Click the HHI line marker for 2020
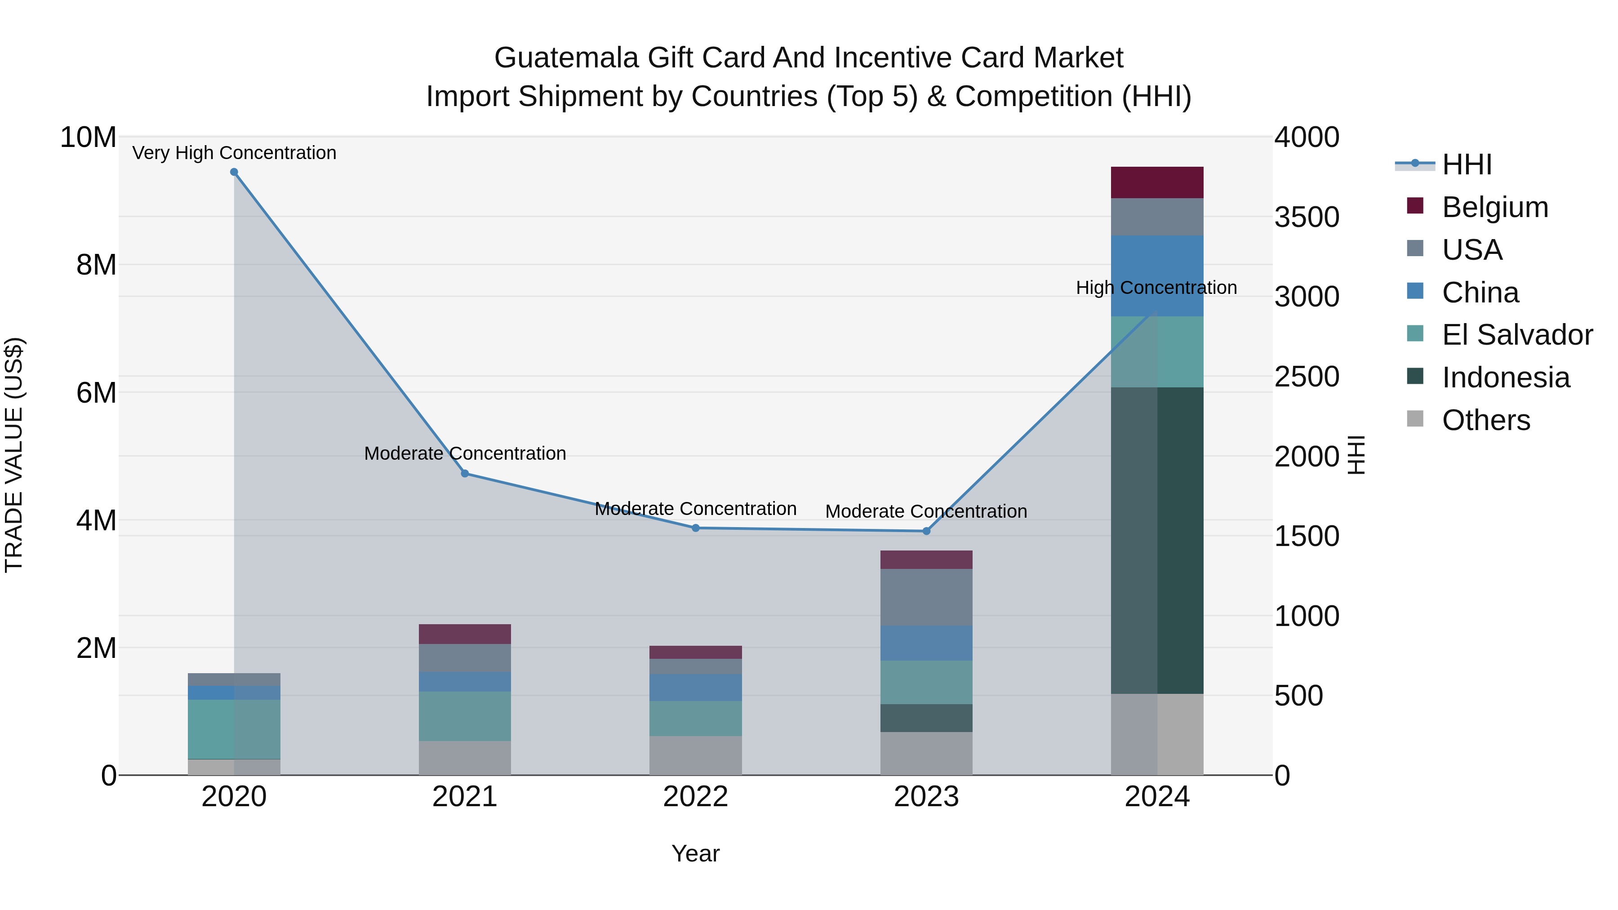(234, 172)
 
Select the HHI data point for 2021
(465, 474)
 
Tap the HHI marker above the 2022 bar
(695, 528)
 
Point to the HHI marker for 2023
(926, 531)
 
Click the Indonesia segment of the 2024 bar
(1157, 540)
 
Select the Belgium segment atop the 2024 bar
(1157, 182)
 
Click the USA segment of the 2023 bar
(926, 597)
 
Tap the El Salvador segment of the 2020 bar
(234, 728)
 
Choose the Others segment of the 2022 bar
(695, 755)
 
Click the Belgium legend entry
(1495, 207)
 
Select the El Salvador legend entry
(1516, 335)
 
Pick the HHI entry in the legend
(1466, 164)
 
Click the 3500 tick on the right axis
(1307, 218)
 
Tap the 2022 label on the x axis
(695, 797)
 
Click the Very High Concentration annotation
(234, 153)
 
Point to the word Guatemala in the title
(567, 58)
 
